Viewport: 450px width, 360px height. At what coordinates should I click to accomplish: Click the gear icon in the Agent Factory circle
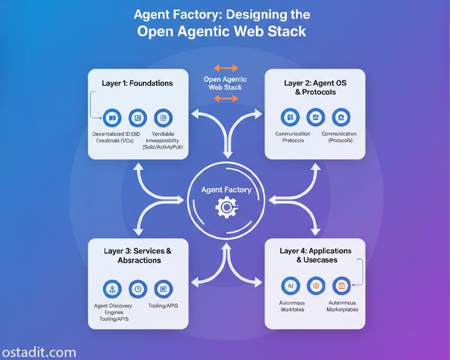click(226, 208)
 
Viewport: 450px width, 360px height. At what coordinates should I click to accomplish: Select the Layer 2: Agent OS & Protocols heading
click(315, 88)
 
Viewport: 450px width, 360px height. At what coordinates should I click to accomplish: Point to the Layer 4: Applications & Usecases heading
click(316, 255)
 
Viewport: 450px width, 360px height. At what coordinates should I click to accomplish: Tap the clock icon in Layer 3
click(137, 289)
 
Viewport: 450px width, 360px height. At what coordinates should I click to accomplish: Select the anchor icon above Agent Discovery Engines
click(112, 289)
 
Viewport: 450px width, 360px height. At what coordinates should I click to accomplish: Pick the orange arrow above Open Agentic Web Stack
click(226, 68)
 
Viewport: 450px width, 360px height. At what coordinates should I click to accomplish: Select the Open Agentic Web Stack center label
click(226, 83)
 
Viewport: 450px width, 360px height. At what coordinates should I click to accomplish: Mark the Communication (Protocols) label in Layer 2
click(339, 137)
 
